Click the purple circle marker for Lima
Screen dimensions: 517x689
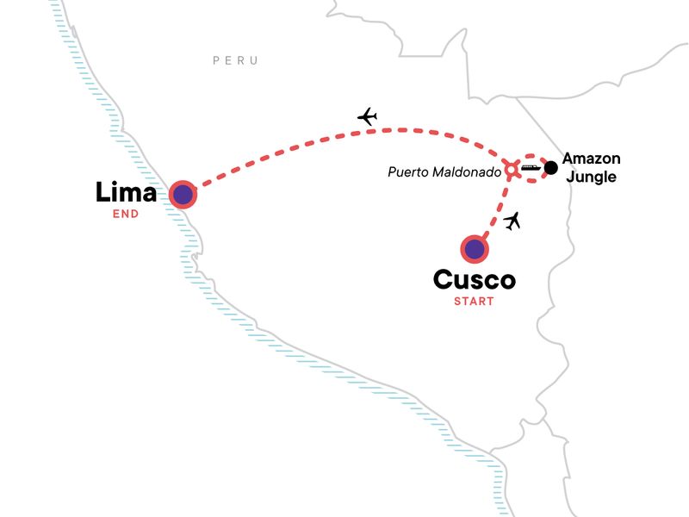pos(183,195)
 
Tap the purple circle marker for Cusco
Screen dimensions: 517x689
pos(474,250)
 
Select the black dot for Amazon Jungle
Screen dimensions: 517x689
pos(551,167)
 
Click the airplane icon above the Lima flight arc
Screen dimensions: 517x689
pos(368,115)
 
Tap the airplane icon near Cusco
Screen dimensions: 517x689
pos(513,221)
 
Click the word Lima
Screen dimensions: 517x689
pos(126,191)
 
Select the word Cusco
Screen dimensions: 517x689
pos(474,281)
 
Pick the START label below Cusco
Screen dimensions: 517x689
pos(474,302)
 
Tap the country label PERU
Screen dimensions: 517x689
pos(235,60)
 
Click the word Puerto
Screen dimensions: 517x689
pos(407,172)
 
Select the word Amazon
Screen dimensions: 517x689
pos(591,159)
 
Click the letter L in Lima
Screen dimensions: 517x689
pos(104,191)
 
